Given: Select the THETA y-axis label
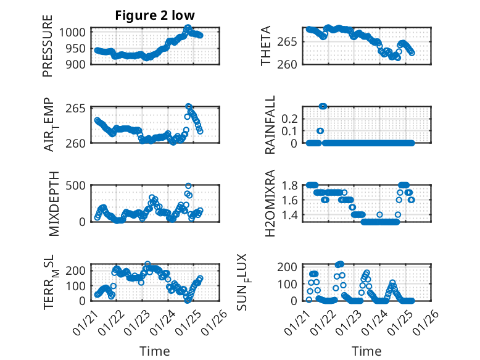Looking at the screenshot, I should tap(266, 46).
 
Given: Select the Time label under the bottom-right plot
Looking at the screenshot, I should tap(366, 351).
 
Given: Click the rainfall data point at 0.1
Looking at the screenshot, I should tap(320, 131).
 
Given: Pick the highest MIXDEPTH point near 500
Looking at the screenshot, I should tap(189, 186).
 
